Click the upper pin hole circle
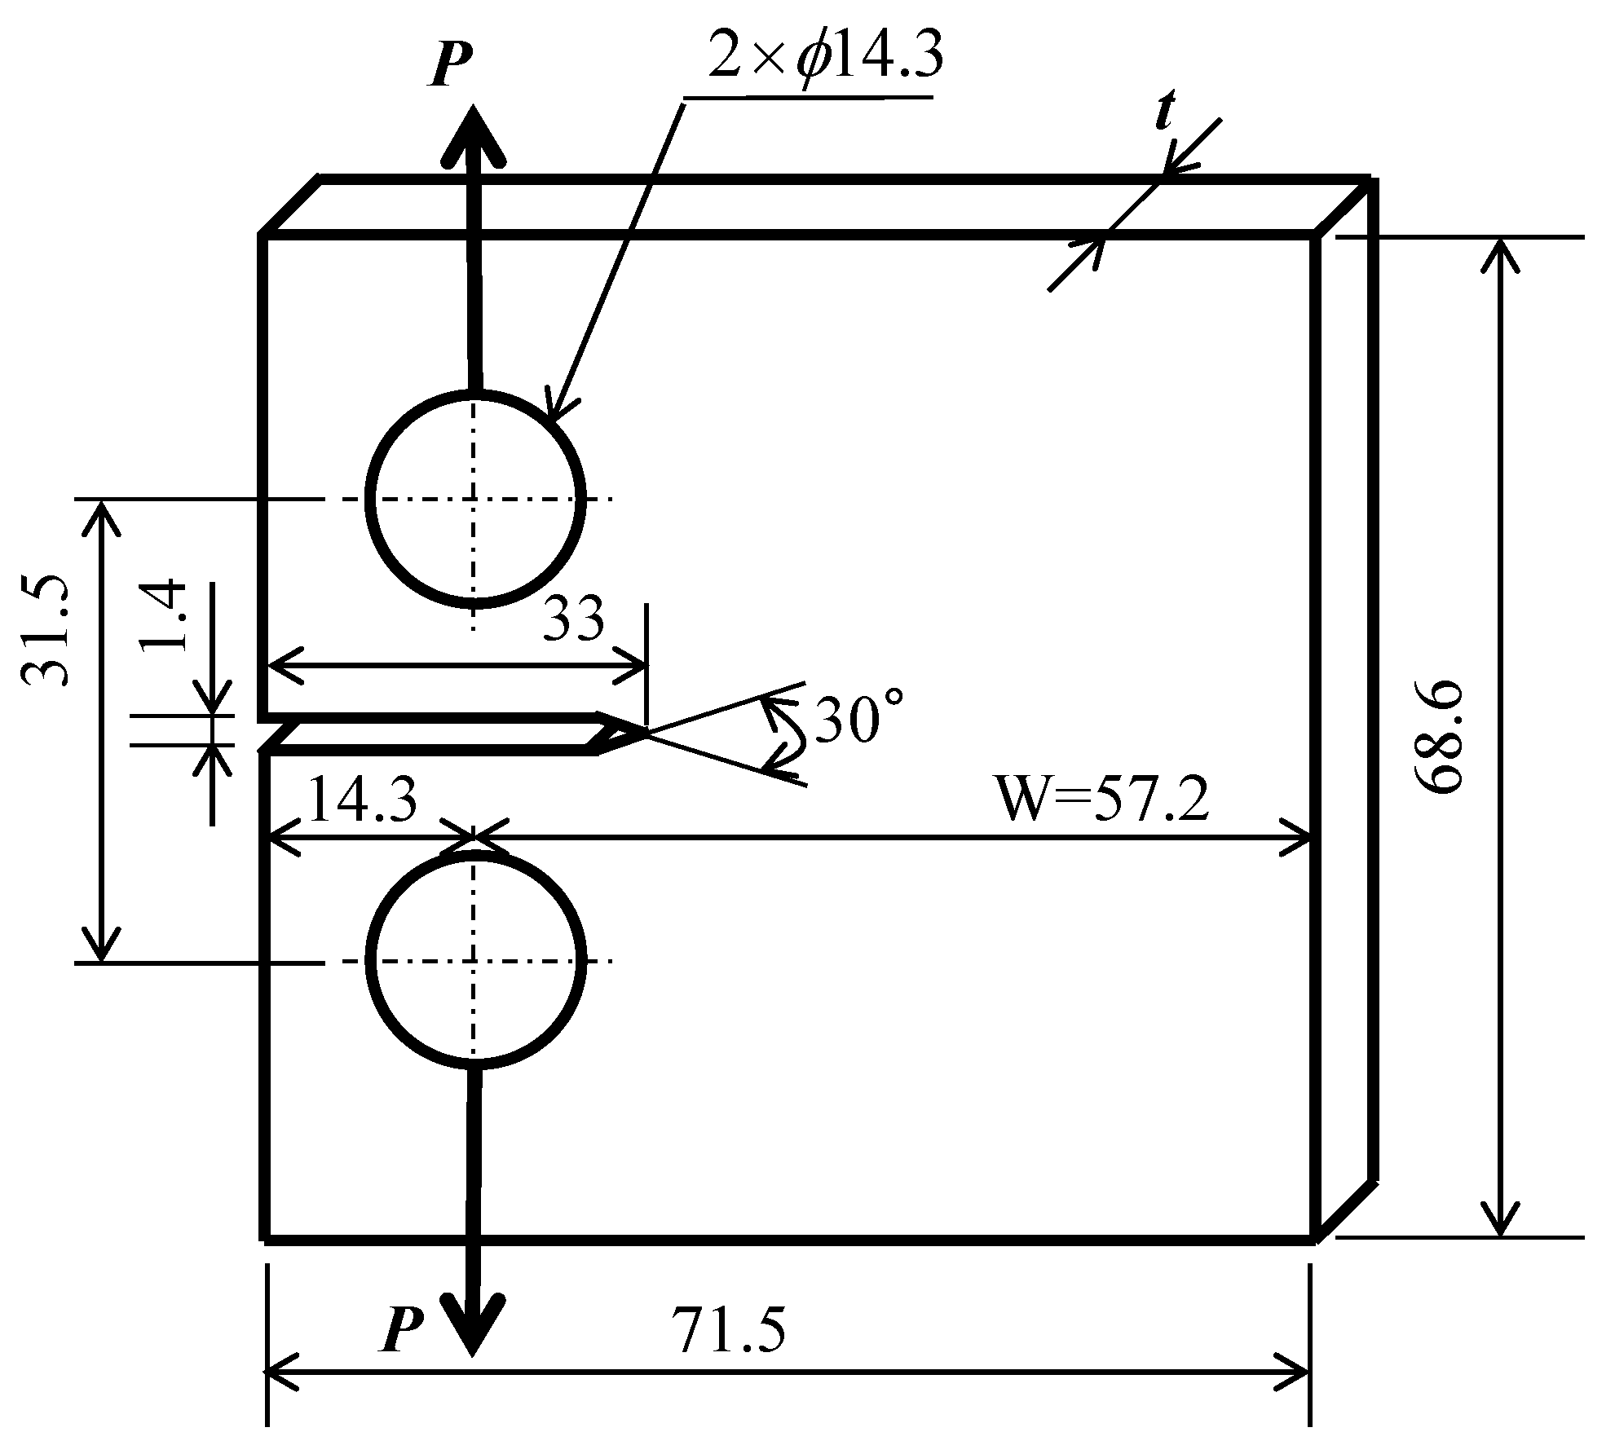pyautogui.click(x=475, y=499)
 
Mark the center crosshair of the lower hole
pyautogui.click(x=474, y=962)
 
